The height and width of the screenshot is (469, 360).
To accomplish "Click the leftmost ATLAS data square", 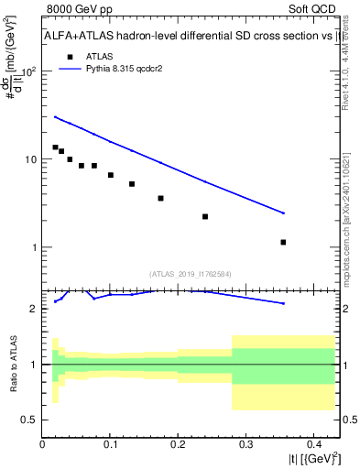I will click(x=55, y=147).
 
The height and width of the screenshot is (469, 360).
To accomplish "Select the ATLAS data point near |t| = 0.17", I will click(x=160, y=198).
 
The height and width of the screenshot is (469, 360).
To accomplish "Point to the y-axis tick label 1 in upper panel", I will click(x=34, y=247).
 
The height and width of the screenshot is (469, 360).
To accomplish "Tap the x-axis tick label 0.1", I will click(x=110, y=444).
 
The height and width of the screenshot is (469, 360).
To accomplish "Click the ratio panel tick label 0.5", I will click(x=29, y=420).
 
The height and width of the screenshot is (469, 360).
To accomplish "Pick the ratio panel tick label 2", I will click(x=34, y=309).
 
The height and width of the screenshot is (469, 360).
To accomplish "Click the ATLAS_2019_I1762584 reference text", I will click(x=191, y=273).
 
